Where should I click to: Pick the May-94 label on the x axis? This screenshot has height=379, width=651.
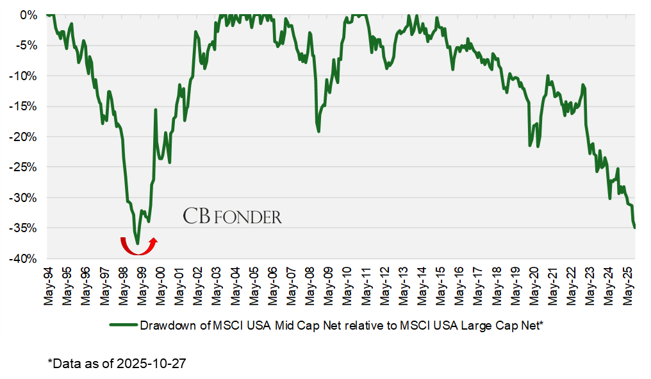49,285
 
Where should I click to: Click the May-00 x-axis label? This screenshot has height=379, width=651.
160,285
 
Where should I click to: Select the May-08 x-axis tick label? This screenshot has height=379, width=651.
311,285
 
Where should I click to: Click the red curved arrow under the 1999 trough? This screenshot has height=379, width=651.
138,244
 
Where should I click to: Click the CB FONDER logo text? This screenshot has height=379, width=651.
232,216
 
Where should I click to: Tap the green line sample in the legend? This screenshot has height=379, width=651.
123,326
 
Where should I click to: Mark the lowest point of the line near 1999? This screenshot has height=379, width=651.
138,244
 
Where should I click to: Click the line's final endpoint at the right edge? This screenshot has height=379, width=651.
634,228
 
